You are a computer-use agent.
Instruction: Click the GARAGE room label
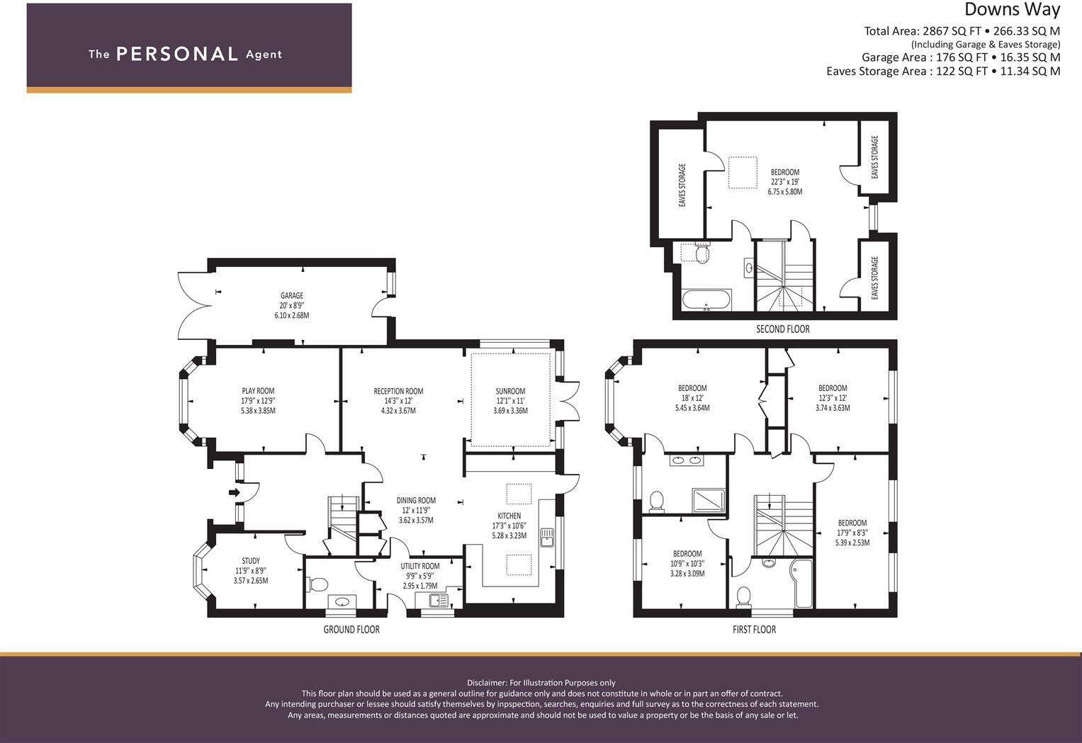(x=292, y=295)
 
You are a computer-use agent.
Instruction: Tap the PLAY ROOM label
(x=258, y=391)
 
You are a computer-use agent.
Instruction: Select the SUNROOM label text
(x=510, y=391)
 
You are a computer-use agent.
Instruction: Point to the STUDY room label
(x=251, y=561)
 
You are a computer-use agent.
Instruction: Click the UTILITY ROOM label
(x=419, y=567)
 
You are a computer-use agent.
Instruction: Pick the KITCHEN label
(x=509, y=516)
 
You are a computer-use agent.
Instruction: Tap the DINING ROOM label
(x=416, y=501)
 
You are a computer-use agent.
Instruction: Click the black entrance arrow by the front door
(x=234, y=492)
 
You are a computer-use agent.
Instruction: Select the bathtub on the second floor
(x=706, y=300)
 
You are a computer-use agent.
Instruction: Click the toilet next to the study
(x=317, y=584)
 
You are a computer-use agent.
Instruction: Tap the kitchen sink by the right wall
(x=547, y=538)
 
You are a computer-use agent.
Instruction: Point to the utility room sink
(x=439, y=601)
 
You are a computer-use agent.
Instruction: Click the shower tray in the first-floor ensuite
(x=709, y=501)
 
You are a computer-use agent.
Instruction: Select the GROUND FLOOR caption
(x=351, y=630)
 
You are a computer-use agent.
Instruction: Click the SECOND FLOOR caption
(x=782, y=329)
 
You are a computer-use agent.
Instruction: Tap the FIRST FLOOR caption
(x=754, y=630)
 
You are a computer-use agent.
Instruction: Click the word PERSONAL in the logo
(x=177, y=54)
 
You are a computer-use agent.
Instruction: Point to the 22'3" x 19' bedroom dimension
(x=785, y=182)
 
